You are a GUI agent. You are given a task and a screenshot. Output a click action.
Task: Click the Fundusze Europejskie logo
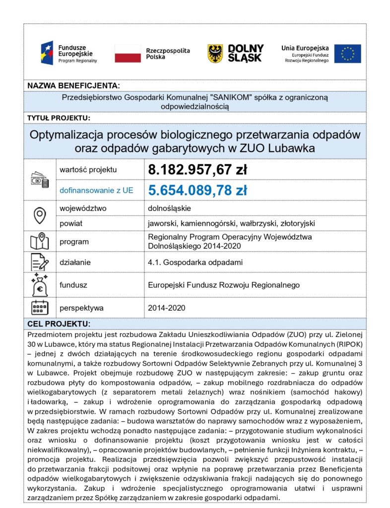click(x=69, y=53)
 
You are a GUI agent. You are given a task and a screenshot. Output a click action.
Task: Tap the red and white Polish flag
click(x=128, y=54)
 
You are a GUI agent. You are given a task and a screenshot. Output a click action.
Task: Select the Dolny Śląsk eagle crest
click(x=215, y=53)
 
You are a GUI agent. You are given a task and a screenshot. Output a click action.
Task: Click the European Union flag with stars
click(x=347, y=54)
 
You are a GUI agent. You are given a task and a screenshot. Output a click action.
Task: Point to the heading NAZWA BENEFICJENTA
click(x=73, y=85)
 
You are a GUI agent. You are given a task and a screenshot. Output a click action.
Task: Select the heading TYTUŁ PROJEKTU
click(x=59, y=118)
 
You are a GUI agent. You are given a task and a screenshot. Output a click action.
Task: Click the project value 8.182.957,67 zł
click(x=197, y=170)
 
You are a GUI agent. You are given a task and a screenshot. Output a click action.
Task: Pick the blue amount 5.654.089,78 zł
click(x=197, y=190)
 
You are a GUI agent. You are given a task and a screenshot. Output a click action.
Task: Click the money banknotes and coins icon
click(x=40, y=180)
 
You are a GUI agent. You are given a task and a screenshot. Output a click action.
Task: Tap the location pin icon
click(x=40, y=216)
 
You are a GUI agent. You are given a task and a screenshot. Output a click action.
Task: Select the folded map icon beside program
click(x=40, y=242)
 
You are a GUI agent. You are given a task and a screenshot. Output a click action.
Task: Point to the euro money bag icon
click(x=40, y=285)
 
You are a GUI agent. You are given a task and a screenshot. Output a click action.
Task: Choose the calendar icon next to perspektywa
click(x=40, y=308)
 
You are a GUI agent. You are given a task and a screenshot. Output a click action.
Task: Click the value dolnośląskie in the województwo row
click(x=169, y=208)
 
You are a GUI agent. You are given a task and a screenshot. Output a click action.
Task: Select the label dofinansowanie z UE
click(x=96, y=190)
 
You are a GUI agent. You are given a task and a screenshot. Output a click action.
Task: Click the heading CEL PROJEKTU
click(x=59, y=324)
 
